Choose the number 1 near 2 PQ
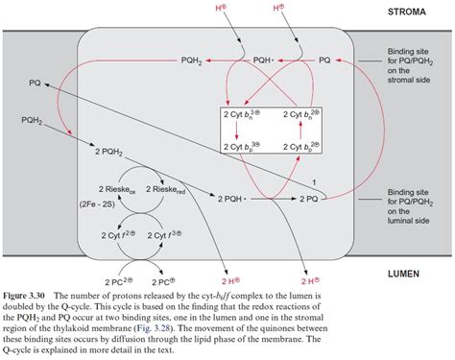[x=314, y=182]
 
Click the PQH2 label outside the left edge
[x=34, y=120]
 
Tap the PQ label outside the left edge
[x=35, y=84]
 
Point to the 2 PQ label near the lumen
[x=307, y=199]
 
